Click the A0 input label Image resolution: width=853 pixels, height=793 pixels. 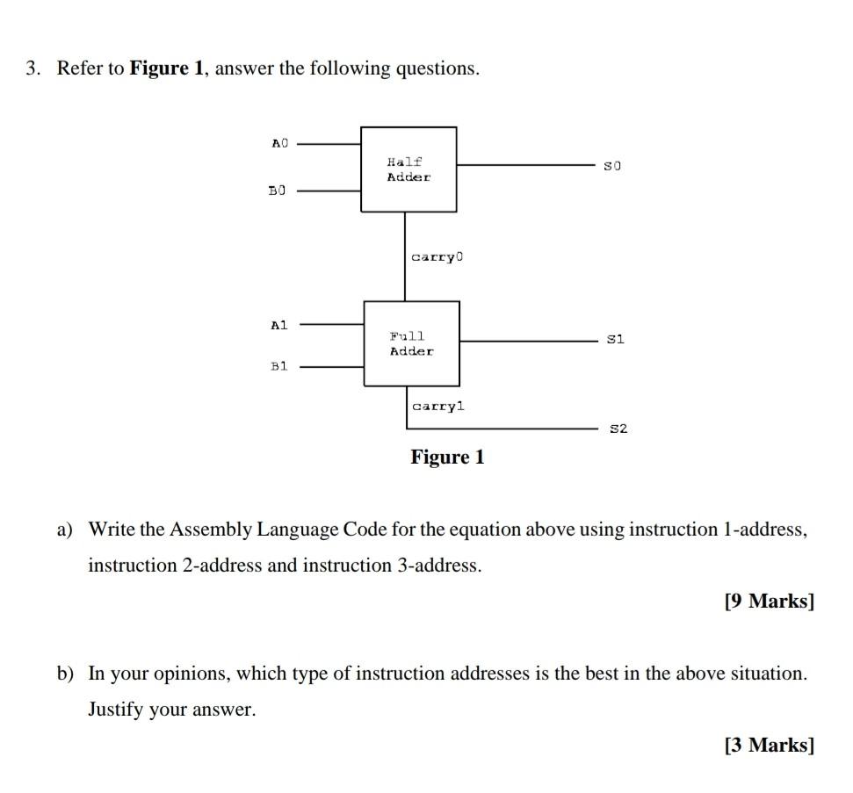point(279,142)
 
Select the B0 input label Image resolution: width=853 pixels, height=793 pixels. point(278,190)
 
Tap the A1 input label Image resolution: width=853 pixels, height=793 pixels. point(279,325)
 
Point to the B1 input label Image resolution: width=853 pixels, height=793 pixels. point(278,366)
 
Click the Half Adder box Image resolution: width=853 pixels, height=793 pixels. point(408,169)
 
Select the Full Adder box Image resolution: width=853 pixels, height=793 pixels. point(411,343)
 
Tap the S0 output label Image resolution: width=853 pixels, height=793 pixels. point(612,165)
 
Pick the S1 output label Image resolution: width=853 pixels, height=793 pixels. point(615,339)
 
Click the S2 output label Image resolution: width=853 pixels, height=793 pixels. point(618,429)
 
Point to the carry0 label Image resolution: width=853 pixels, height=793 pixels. point(436,257)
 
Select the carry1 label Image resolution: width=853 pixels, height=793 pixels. point(438,406)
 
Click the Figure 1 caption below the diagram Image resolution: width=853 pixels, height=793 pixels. point(447,458)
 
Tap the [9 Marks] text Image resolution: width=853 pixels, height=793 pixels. point(770,602)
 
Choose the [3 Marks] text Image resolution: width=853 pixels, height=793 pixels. point(770,746)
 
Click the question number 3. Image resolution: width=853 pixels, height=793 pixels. point(33,68)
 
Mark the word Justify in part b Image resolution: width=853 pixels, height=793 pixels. point(116,710)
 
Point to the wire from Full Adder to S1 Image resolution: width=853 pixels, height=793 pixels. point(527,340)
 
